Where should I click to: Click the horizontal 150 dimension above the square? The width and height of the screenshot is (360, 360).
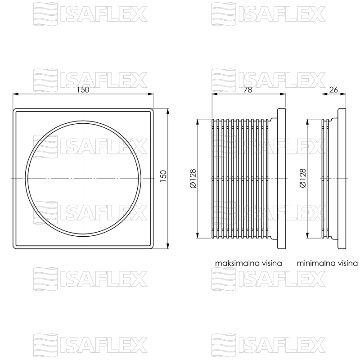coord(83,90)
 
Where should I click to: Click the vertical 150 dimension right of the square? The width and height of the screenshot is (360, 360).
coord(163,176)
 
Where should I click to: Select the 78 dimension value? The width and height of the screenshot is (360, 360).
coord(248,90)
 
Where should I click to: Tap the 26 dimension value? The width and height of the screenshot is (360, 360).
coord(333,90)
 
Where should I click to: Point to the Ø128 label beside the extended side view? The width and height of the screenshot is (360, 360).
coord(193,178)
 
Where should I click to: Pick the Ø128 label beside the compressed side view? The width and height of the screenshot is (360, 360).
coord(303,178)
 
